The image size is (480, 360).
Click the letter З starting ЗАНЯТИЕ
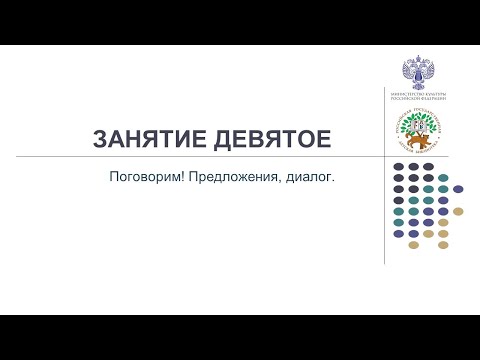[100, 139]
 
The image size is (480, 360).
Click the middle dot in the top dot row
[414, 166]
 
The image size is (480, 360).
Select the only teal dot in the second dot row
[443, 177]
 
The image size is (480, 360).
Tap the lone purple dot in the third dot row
[458, 188]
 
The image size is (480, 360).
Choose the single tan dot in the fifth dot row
[458, 211]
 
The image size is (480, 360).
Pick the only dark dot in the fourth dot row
[399, 200]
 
